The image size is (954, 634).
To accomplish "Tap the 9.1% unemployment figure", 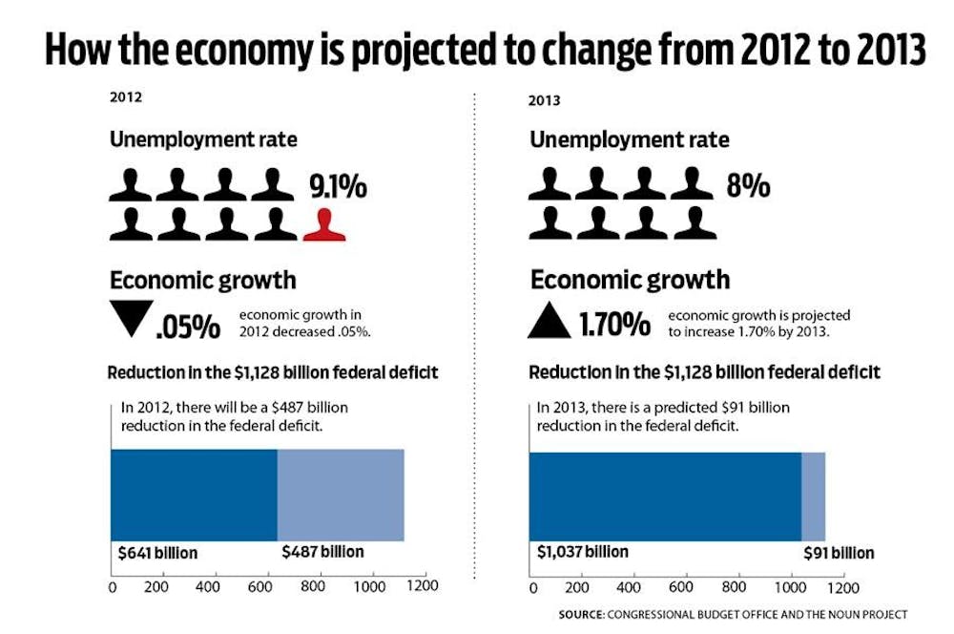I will point(337,186).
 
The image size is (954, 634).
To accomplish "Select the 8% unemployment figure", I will point(748,185).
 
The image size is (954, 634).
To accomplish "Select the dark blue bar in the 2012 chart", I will point(194,495).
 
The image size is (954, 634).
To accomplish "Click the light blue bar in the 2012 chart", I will point(341,495).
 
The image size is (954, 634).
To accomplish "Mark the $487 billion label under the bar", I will point(322,552).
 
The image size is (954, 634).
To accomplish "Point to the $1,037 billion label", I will point(582,552).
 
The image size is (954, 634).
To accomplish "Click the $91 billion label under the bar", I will point(837,553).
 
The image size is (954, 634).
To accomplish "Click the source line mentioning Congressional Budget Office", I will point(733,614).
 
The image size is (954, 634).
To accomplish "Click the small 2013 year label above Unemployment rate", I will point(544,100).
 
